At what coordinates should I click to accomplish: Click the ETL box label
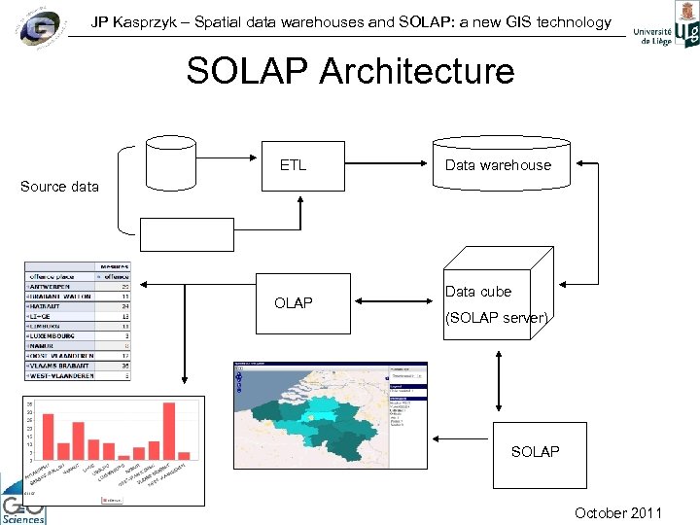[x=293, y=165]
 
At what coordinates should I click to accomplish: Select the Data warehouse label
[x=498, y=165]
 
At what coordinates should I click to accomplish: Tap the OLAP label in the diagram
[x=294, y=303]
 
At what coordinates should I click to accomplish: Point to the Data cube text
[x=477, y=292]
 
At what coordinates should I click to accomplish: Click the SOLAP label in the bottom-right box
[x=535, y=451]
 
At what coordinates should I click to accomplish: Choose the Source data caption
[x=59, y=187]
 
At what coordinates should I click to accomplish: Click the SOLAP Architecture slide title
[x=350, y=71]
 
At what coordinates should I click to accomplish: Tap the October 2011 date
[x=618, y=513]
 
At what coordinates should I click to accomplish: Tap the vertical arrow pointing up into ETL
[x=300, y=214]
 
